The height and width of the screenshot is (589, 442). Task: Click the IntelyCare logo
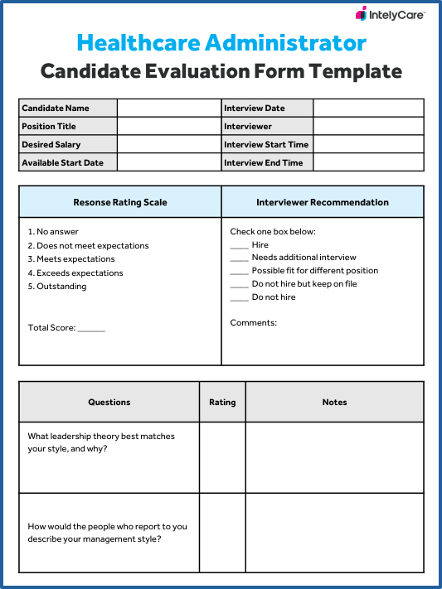coord(390,14)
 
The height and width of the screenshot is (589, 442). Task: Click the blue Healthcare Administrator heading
coord(221,42)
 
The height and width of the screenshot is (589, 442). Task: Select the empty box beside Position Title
coord(169,127)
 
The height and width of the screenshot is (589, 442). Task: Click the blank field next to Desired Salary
coord(169,145)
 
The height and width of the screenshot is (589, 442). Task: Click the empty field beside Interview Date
coord(368,109)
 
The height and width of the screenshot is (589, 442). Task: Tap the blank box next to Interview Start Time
coord(368,145)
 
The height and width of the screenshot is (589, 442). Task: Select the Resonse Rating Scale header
coord(120,202)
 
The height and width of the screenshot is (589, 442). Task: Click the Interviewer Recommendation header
coord(323,202)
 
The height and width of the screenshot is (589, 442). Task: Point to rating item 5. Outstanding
coord(57,287)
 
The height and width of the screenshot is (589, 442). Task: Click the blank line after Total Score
coord(91,329)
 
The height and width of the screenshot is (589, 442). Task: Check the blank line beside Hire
coord(239,246)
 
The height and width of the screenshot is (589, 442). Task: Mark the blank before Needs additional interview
coord(239,258)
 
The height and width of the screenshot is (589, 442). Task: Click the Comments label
coord(254,323)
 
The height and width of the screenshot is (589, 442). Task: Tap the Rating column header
coord(222,403)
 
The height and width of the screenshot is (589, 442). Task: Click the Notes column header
coord(335,403)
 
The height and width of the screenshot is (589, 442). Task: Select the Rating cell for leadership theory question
coord(222,457)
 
